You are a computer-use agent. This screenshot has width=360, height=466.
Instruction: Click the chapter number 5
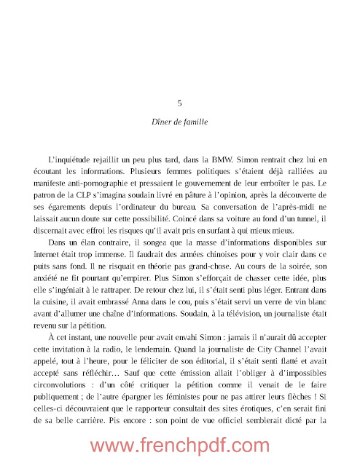(x=179, y=103)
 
